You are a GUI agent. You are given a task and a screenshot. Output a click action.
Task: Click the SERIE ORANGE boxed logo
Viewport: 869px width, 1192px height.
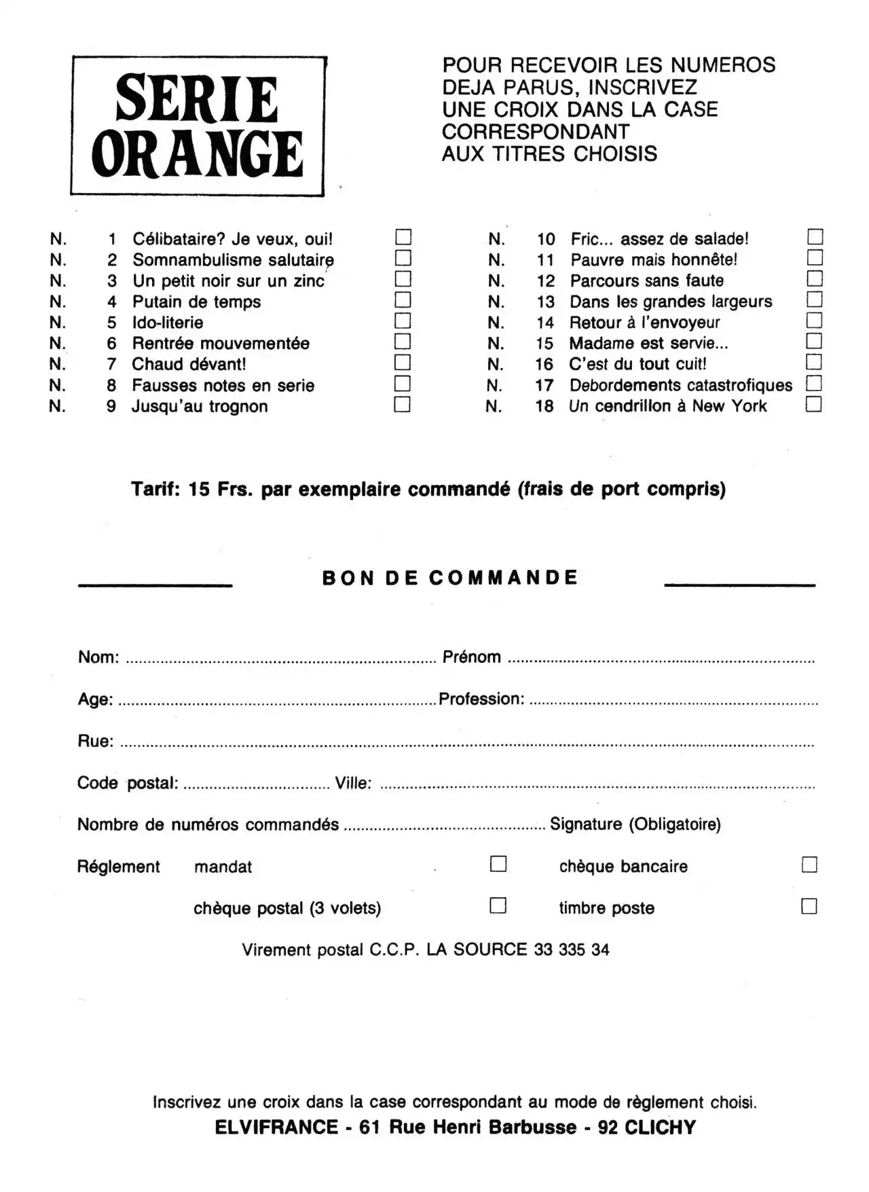198,126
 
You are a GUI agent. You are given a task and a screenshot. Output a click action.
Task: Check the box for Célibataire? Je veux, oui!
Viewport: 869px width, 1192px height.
403,237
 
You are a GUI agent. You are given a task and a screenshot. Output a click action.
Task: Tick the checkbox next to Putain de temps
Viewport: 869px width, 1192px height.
403,300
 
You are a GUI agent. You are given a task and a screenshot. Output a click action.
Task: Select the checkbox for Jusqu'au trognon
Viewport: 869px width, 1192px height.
403,405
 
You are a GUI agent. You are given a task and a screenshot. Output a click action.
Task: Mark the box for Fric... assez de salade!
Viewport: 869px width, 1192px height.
815,237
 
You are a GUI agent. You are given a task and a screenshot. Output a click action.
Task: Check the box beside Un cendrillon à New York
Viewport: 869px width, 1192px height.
814,405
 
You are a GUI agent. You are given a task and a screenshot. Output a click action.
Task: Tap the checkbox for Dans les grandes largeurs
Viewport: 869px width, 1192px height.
815,300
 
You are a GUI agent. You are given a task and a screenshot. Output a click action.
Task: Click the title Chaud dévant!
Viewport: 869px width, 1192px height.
189,365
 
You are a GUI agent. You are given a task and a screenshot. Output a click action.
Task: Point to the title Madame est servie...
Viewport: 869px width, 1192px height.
648,344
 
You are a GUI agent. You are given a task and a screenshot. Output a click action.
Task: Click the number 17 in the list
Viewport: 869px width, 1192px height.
544,386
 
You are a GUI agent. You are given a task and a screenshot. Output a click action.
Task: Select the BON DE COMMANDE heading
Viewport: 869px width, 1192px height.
450,578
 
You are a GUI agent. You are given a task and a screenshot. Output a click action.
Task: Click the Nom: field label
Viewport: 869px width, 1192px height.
98,657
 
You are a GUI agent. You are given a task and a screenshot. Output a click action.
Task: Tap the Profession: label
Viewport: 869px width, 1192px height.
481,699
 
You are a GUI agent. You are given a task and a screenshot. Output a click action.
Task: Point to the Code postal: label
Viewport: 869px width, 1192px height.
128,783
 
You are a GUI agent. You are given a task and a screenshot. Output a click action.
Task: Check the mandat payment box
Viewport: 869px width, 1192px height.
498,864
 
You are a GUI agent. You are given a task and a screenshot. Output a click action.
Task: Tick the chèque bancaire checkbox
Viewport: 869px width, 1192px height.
809,865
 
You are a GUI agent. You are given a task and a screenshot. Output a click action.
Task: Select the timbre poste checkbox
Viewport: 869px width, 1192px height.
809,907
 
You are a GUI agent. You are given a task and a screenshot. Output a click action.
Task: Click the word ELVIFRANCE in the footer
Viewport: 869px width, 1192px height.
276,1127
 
